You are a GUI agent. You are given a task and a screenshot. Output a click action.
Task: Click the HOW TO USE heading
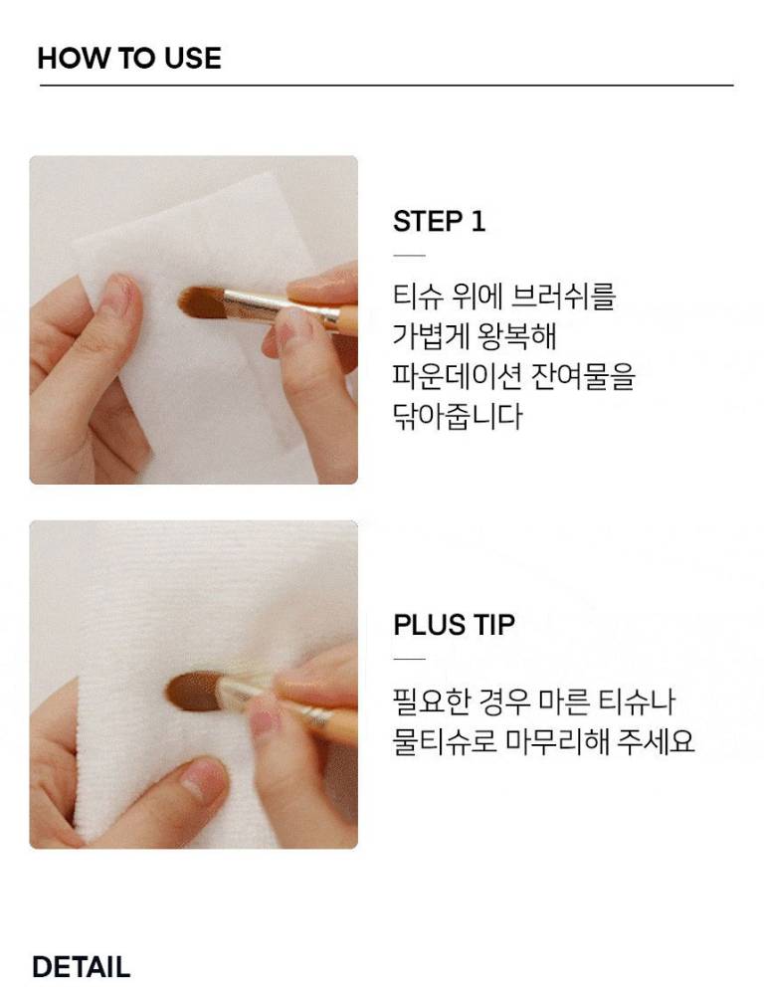click(x=129, y=58)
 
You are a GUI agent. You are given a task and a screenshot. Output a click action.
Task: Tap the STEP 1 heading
click(x=439, y=222)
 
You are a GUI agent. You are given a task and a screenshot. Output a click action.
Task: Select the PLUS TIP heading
click(x=455, y=625)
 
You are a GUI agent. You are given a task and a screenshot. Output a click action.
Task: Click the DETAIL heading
click(x=82, y=967)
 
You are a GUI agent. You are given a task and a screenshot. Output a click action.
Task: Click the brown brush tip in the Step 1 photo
click(x=201, y=300)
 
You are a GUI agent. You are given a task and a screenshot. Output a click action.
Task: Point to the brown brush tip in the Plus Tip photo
click(x=192, y=692)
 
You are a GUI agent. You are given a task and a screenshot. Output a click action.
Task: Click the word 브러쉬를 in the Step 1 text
click(x=563, y=296)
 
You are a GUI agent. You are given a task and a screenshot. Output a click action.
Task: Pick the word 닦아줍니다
click(x=458, y=416)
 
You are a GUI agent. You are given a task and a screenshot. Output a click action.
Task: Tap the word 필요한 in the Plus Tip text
click(x=432, y=700)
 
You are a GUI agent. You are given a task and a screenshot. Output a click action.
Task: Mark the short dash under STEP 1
click(x=409, y=256)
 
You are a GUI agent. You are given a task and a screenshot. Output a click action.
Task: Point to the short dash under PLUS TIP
click(x=409, y=659)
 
